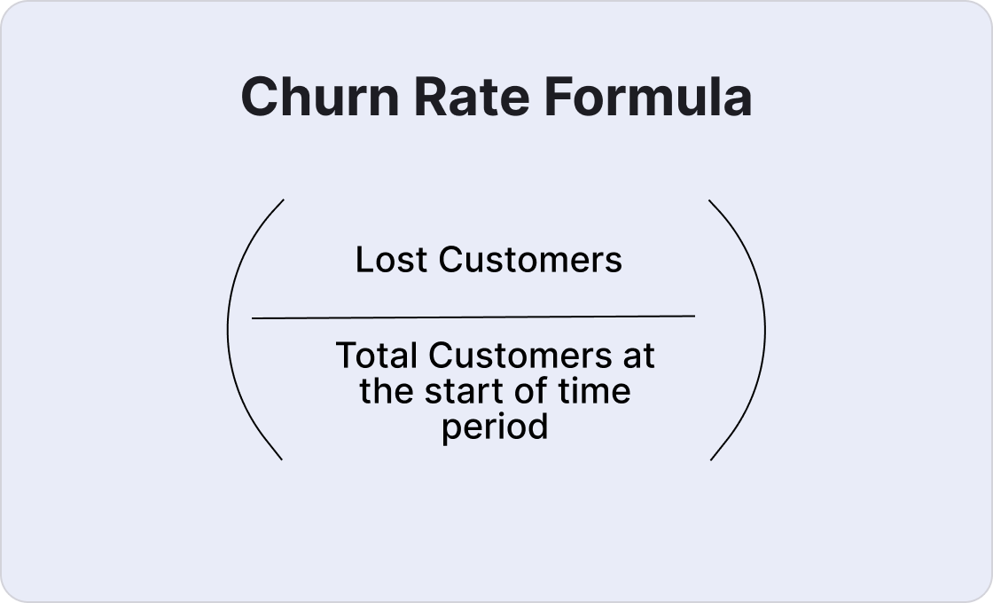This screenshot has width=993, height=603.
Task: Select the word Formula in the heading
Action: click(x=636, y=97)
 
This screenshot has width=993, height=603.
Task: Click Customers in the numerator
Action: click(x=530, y=260)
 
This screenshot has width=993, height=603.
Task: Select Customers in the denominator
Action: click(x=520, y=356)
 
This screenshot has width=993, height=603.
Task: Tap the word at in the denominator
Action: click(x=638, y=356)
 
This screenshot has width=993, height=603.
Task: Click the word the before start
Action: click(x=387, y=392)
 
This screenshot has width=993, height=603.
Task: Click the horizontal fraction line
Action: click(x=473, y=316)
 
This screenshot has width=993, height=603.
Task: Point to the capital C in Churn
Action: click(x=256, y=97)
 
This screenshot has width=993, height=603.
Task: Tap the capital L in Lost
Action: click(x=363, y=260)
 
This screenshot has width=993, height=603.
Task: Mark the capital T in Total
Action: click(x=346, y=356)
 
